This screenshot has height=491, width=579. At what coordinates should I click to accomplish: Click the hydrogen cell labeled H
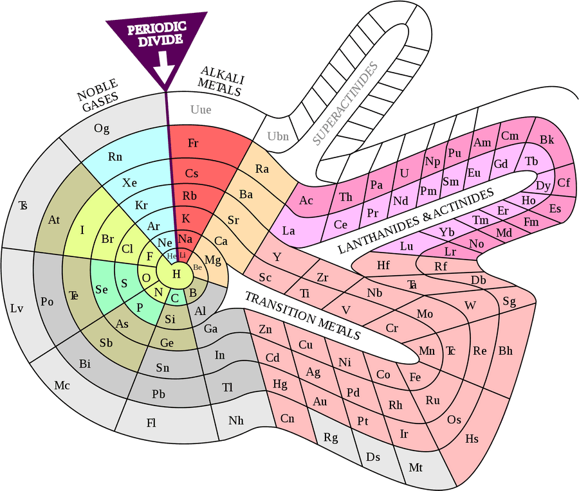(175, 273)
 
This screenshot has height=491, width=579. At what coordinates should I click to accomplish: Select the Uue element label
(201, 109)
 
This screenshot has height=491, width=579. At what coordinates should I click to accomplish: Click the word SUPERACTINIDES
(345, 103)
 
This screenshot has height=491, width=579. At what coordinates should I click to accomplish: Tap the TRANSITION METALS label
(303, 316)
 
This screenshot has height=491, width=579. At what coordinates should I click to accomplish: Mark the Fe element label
(415, 377)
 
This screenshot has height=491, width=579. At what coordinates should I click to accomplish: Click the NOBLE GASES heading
(98, 95)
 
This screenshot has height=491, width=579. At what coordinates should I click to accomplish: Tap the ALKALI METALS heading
(221, 82)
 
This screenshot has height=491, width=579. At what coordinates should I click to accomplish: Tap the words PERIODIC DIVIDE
(158, 34)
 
